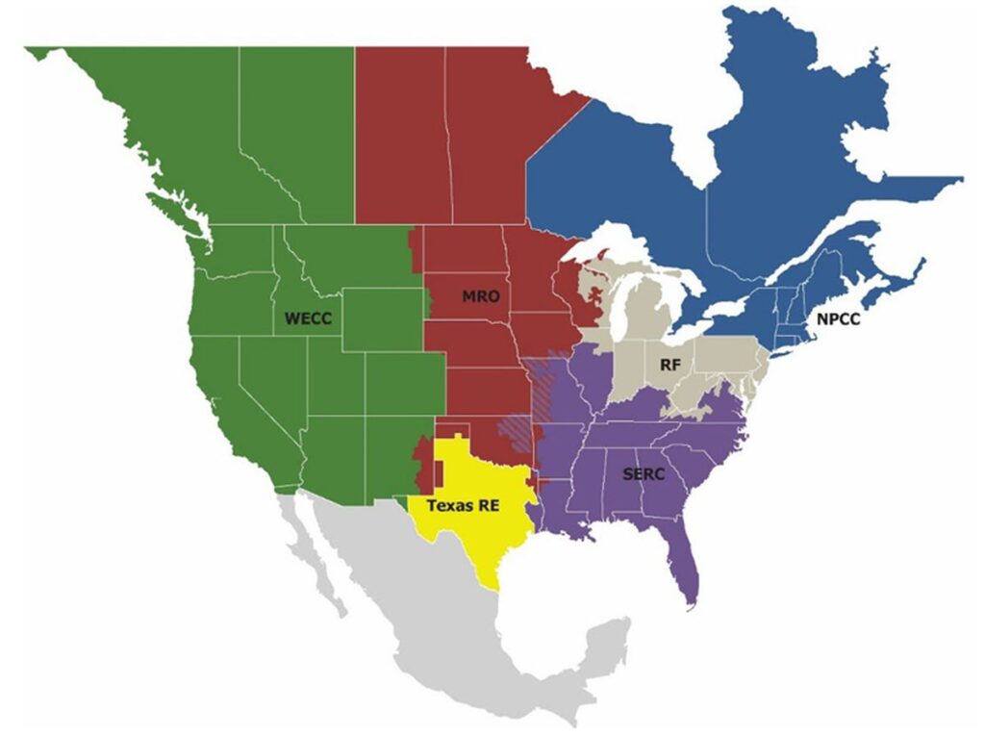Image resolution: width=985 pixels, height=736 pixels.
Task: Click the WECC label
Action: tap(308, 317)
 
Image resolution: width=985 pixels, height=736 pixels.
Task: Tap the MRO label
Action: tap(480, 296)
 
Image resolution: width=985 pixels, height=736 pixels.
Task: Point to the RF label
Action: tap(670, 365)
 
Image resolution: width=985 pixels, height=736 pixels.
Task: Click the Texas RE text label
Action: tap(463, 504)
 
